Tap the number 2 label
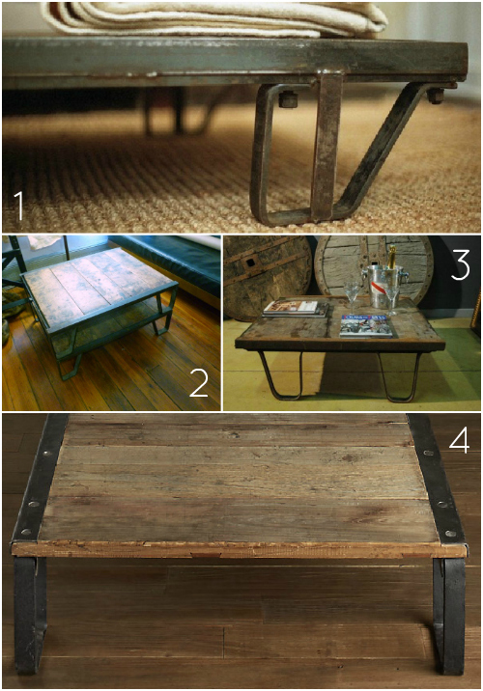click(198, 383)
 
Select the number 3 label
click(460, 264)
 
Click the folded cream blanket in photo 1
click(213, 16)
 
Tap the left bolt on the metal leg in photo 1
click(288, 97)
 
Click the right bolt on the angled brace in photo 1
click(436, 96)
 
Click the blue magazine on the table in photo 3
click(367, 327)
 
